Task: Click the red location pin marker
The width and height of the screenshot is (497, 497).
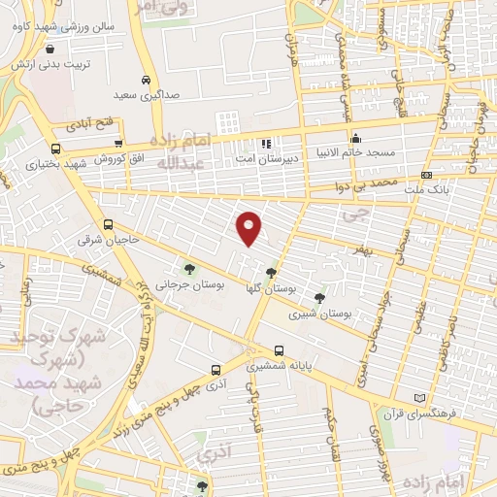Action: [250, 228]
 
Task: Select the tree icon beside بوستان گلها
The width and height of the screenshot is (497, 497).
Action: [270, 273]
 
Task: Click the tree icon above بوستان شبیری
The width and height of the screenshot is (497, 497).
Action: [320, 296]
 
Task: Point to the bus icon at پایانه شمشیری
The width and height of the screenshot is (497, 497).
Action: [280, 350]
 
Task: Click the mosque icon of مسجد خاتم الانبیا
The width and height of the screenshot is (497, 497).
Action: [356, 137]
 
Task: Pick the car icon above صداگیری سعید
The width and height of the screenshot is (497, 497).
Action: [145, 80]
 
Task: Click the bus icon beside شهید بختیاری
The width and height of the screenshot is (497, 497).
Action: [55, 149]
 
